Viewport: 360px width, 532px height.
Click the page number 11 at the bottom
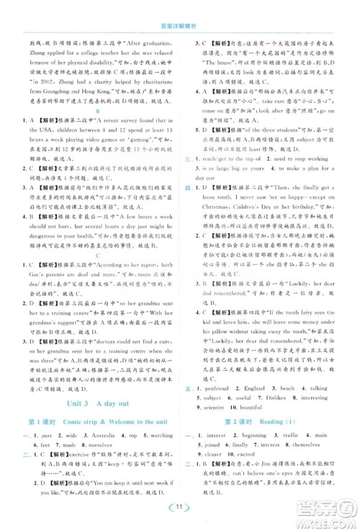[179, 513]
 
